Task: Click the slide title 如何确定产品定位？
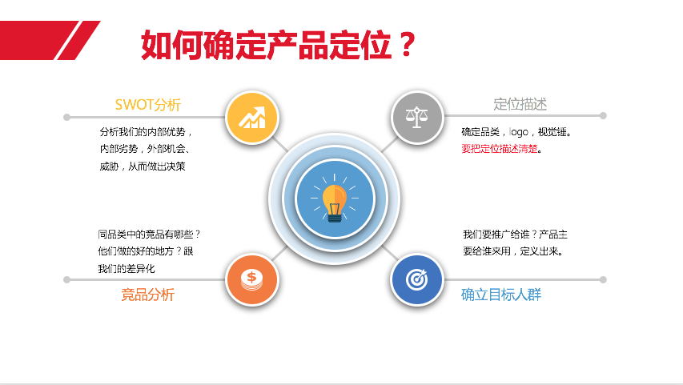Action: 279,45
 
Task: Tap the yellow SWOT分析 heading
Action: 147,105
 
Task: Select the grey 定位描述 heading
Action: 520,105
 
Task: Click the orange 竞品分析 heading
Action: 147,295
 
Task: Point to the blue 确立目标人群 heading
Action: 501,295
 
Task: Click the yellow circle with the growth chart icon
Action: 252,118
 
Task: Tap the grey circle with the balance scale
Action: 417,117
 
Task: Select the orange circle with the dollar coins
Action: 252,279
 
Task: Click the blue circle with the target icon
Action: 417,279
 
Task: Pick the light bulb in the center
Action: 335,203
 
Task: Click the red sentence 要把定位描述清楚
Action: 500,149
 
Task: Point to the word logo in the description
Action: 518,132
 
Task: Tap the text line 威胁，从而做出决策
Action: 143,166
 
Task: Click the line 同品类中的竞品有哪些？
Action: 149,235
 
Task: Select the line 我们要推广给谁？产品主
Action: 516,235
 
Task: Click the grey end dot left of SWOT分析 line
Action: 66,117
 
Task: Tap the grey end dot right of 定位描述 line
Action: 603,115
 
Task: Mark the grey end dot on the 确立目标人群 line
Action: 603,279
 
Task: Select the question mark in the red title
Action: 408,45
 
